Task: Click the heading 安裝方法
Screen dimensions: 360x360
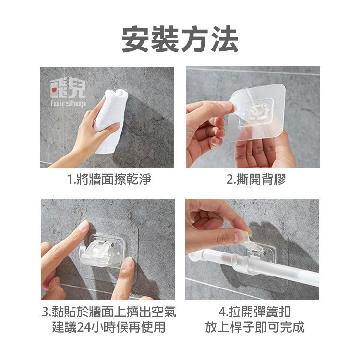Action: point(180,40)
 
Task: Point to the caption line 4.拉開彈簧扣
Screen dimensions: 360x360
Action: point(253,313)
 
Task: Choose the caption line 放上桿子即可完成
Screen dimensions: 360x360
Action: point(253,328)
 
